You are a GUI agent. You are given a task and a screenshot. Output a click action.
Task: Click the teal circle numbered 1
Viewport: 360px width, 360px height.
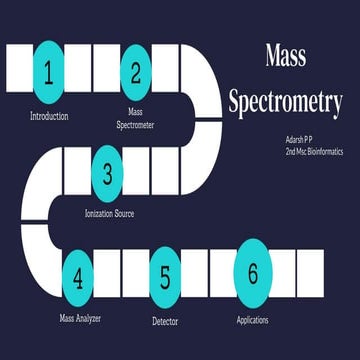(x=48, y=69)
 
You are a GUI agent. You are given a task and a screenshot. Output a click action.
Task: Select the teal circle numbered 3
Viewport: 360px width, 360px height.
(x=108, y=172)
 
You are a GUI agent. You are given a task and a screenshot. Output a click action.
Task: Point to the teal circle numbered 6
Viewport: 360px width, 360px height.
(x=253, y=270)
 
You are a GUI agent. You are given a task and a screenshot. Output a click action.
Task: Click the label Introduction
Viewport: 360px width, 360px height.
(x=49, y=116)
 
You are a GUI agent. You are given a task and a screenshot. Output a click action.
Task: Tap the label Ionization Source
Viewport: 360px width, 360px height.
(x=109, y=214)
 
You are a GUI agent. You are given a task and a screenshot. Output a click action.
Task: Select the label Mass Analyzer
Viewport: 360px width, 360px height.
(x=80, y=319)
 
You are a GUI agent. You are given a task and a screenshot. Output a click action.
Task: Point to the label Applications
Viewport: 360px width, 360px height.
(x=253, y=320)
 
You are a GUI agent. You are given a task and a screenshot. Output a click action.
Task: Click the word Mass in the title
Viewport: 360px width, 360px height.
(x=285, y=57)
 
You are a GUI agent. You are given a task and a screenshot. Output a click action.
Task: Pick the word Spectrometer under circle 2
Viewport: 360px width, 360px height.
(x=136, y=126)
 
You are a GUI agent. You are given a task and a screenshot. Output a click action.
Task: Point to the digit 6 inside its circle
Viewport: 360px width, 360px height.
(x=253, y=270)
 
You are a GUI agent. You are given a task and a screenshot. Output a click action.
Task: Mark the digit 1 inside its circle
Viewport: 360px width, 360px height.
(x=48, y=69)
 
